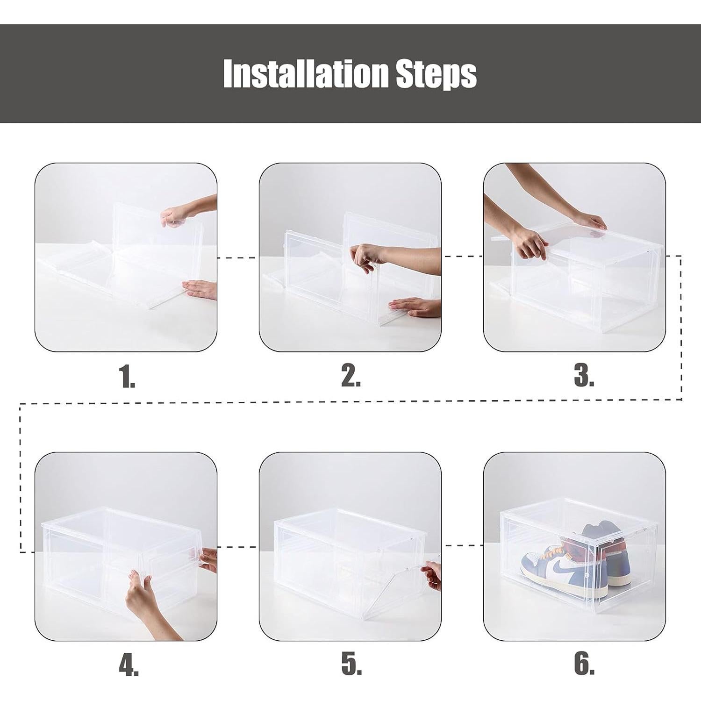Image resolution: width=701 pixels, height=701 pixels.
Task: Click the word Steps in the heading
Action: [436, 74]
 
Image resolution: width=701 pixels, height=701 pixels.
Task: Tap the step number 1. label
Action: [127, 377]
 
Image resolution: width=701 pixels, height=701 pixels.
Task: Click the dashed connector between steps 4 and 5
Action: [238, 546]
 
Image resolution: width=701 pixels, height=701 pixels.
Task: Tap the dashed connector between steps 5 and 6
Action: [463, 545]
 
